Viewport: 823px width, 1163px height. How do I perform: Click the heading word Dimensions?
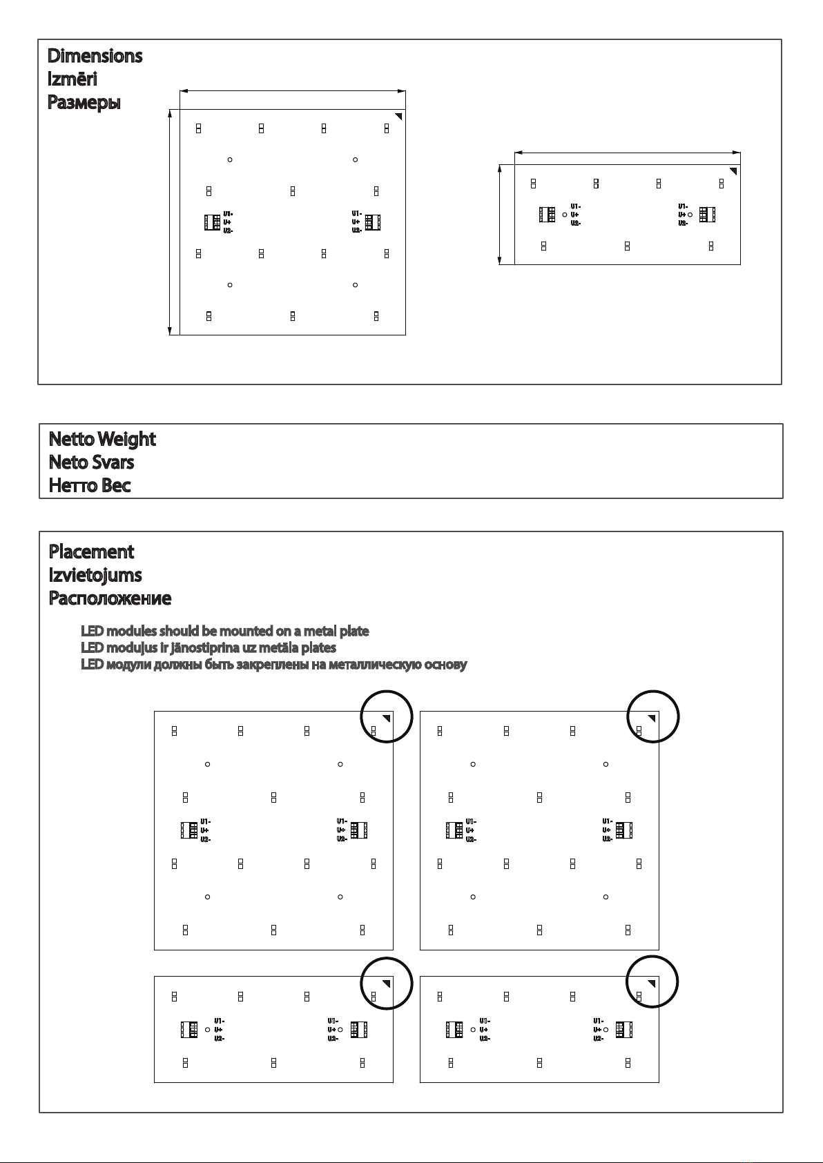[x=95, y=56]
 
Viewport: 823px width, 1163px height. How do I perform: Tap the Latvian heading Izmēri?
[x=72, y=79]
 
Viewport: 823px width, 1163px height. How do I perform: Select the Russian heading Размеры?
[x=84, y=103]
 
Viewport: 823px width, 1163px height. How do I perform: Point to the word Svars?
[x=113, y=462]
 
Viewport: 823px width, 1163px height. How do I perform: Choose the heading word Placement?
[x=91, y=552]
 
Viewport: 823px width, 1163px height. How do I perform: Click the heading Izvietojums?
[x=95, y=575]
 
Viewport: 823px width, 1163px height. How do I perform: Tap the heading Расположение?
[x=110, y=598]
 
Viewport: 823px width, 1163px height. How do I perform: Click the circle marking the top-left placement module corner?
[x=387, y=716]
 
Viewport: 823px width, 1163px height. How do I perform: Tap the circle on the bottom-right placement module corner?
[x=652, y=983]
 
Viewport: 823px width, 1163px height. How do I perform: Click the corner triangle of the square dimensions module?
[x=398, y=116]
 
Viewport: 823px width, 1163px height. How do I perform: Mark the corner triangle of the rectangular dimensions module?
[x=733, y=170]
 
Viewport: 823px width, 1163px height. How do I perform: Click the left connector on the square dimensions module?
[x=212, y=222]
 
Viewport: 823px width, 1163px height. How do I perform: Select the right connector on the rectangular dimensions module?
[x=707, y=215]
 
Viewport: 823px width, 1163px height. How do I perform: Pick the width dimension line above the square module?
[x=292, y=90]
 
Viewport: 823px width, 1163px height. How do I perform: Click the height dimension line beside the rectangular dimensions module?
[x=500, y=214]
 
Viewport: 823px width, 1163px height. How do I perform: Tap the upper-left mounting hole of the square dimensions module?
[x=230, y=160]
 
